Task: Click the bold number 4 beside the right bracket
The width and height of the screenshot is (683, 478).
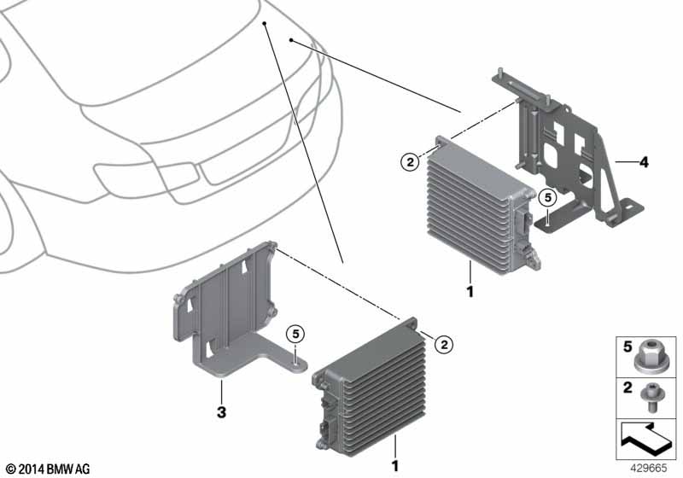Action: (644, 162)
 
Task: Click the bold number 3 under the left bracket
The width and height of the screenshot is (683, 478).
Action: (221, 411)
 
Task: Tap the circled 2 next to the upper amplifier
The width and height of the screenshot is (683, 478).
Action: (410, 163)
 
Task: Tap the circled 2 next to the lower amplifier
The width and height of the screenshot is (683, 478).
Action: (444, 345)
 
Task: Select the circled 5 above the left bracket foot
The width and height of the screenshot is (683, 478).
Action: (295, 335)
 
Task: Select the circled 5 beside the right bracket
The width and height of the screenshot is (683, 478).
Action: (547, 198)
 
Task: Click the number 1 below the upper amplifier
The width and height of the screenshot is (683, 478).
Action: (470, 292)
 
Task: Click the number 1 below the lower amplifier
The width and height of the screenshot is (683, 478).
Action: (394, 466)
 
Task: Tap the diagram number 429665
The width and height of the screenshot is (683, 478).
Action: (649, 469)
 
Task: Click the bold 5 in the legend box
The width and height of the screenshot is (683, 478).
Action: (628, 347)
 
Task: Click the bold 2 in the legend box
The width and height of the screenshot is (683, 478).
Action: (628, 387)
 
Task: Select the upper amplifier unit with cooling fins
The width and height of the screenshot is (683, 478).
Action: (482, 206)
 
